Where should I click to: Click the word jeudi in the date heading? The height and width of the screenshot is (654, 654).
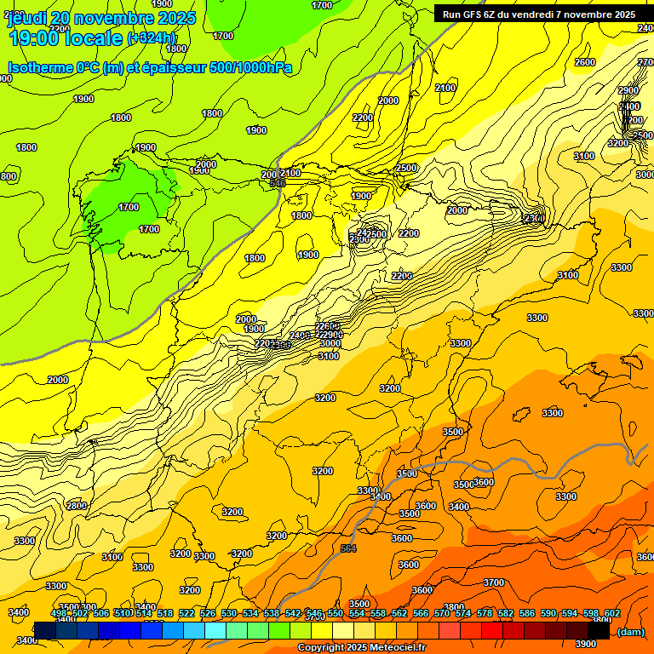(x=27, y=18)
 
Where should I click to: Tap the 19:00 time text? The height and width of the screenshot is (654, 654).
(x=35, y=38)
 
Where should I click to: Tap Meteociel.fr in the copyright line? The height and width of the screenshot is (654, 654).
(x=393, y=648)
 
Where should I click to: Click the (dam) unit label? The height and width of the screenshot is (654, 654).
(x=630, y=632)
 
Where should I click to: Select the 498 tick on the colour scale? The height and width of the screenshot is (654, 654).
(x=59, y=613)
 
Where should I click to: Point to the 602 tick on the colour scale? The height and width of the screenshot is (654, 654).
(x=612, y=613)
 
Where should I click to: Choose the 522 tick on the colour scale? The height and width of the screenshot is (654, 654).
(x=186, y=613)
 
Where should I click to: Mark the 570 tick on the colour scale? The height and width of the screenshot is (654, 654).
(x=442, y=613)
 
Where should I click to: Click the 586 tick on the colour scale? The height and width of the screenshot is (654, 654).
(x=527, y=613)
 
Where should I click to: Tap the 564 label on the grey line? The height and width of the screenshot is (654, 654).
(x=348, y=549)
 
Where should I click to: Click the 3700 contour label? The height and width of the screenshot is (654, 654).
(x=493, y=582)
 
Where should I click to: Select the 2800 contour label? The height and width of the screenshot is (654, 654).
(x=77, y=506)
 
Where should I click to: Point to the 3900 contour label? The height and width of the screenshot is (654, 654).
(x=586, y=644)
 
